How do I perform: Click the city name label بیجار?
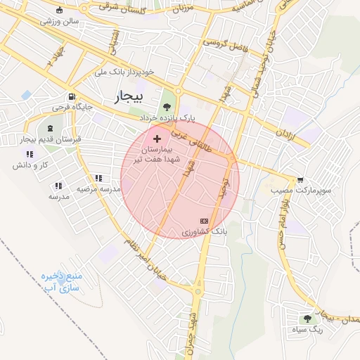pyautogui.click(x=129, y=95)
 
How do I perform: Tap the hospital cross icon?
pyautogui.click(x=156, y=140)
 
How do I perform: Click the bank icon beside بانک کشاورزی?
pyautogui.click(x=205, y=221)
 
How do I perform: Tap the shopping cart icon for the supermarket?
pyautogui.click(x=301, y=180)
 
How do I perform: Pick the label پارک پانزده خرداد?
pyautogui.click(x=166, y=117)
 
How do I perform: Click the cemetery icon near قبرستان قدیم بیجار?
pyautogui.click(x=50, y=129)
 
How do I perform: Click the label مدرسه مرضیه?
pyautogui.click(x=97, y=189)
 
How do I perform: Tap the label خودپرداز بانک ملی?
pyautogui.click(x=124, y=72)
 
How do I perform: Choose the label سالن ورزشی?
pyautogui.click(x=60, y=21)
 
